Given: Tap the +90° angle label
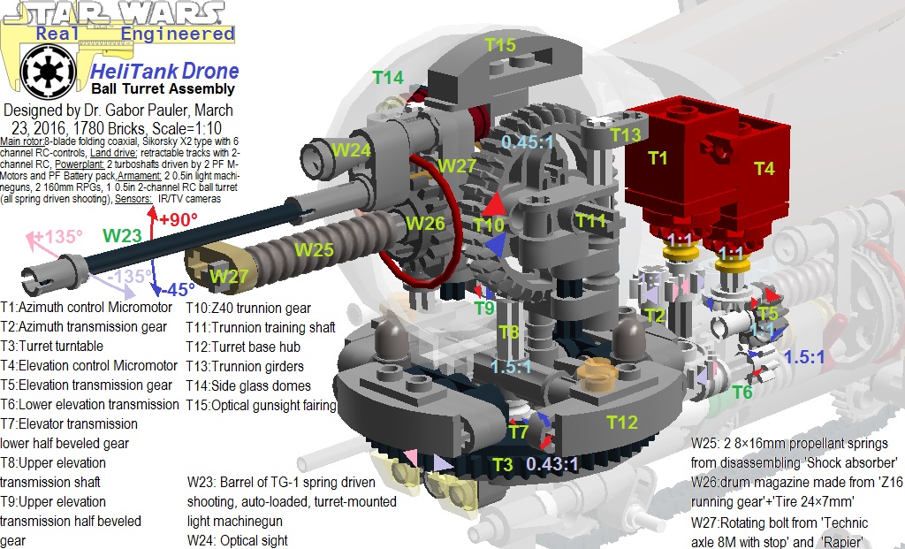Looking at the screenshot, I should click(177, 219).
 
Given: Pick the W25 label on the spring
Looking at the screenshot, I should click(315, 249).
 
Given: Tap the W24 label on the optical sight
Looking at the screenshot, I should click(352, 150).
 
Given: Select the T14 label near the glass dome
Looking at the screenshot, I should click(387, 78).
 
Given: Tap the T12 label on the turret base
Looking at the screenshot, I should click(621, 423).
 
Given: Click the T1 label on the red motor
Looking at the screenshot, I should click(658, 157).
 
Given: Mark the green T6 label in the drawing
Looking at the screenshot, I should click(743, 392).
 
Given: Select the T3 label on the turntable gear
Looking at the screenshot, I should click(502, 464).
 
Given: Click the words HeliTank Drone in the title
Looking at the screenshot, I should click(165, 72).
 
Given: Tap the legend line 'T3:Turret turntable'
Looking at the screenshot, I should click(52, 346).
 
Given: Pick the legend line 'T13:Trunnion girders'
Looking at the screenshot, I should click(245, 366).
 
